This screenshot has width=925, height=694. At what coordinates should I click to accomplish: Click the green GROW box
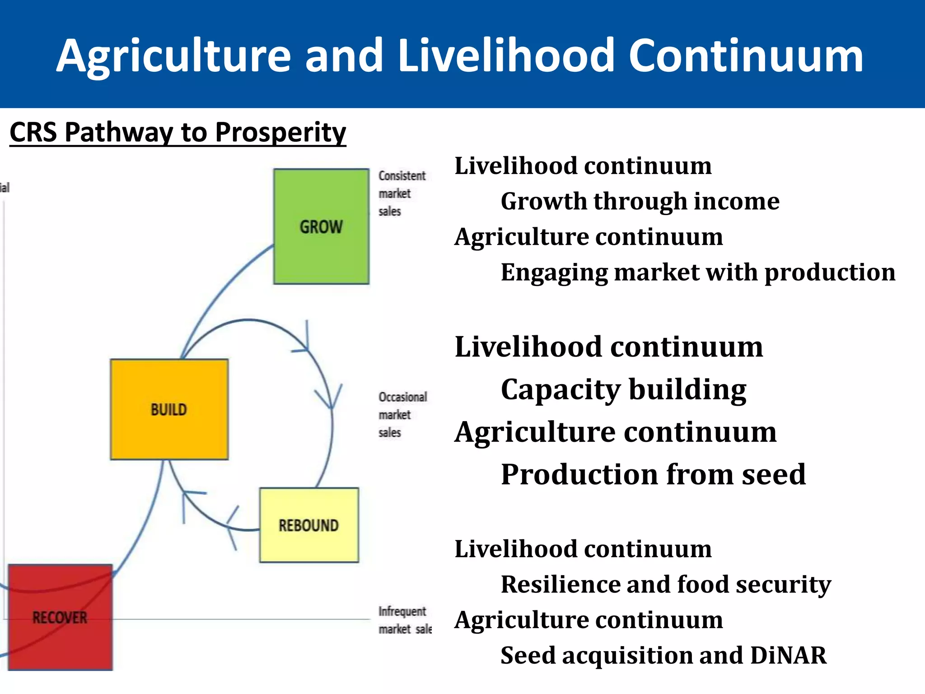tap(321, 226)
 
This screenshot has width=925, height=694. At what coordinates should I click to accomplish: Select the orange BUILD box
tap(169, 409)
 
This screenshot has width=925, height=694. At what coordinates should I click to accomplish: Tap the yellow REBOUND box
tap(309, 525)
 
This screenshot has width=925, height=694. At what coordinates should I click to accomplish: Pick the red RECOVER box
tap(60, 617)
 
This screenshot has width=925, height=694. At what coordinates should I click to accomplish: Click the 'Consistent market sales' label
tap(401, 193)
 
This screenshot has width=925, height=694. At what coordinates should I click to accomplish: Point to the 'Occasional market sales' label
tap(402, 414)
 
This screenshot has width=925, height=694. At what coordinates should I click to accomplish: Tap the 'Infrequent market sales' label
tap(404, 620)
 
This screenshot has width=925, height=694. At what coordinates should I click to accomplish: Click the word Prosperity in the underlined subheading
tap(280, 132)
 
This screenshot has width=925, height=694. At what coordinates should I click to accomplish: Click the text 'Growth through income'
tap(640, 201)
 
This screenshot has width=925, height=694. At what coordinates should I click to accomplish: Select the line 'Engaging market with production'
tap(698, 272)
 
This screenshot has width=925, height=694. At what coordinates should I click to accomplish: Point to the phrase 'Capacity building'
tap(623, 389)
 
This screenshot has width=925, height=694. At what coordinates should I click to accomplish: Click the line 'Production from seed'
tap(653, 474)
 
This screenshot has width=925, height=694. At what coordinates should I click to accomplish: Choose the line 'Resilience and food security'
tap(666, 584)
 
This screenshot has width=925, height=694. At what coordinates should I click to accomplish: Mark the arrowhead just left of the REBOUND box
tap(233, 526)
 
